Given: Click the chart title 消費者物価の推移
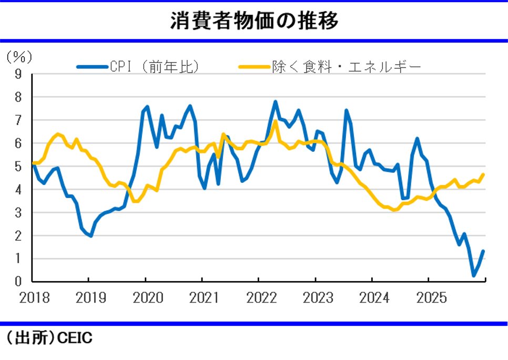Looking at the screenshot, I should (x=254, y=21).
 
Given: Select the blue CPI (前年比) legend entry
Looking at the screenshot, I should (x=138, y=67).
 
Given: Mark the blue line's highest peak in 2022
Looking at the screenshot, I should (x=276, y=101).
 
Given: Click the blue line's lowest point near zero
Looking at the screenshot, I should (x=473, y=275).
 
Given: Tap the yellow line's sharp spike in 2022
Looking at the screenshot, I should (x=275, y=121).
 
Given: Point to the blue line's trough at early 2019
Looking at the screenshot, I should (x=91, y=236).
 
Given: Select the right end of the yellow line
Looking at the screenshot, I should (x=483, y=174).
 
